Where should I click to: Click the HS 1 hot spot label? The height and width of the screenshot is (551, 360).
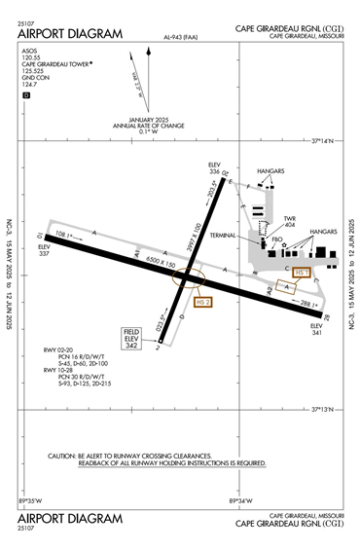tap(301, 274)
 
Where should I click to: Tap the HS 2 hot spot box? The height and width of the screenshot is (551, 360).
tap(203, 303)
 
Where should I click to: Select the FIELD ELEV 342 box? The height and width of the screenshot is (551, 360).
tap(132, 338)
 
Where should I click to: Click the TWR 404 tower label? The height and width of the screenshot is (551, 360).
tap(289, 222)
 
